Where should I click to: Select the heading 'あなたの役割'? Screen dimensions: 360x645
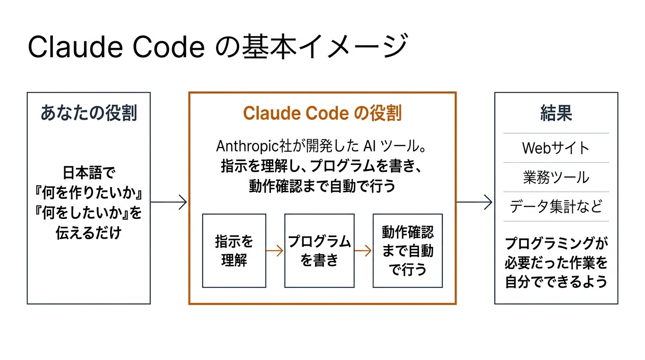pos(89,113)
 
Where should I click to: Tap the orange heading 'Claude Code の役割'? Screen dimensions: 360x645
pos(322,113)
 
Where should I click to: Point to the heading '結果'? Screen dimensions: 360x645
pos(556,113)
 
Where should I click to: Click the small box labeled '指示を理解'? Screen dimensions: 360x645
pos(234,251)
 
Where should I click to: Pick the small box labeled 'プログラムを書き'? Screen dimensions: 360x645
pos(319,251)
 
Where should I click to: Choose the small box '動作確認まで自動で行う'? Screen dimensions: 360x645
pos(407,251)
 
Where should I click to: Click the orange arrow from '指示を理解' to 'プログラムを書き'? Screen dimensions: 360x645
pos(275,251)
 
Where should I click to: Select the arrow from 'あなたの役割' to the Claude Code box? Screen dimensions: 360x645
pos(169,202)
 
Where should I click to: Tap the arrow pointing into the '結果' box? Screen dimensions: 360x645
pos(475,202)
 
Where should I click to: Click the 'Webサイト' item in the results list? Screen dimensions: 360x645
pos(556,148)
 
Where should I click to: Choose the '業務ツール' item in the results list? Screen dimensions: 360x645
pos(556,177)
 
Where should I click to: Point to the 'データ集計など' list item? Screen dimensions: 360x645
pos(556,206)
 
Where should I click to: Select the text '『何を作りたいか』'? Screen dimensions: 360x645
pos(89,193)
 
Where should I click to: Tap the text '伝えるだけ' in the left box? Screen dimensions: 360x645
pos(89,233)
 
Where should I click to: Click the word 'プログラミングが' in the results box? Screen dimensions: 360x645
pos(556,244)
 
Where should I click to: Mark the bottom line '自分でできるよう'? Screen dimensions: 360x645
pos(556,282)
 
